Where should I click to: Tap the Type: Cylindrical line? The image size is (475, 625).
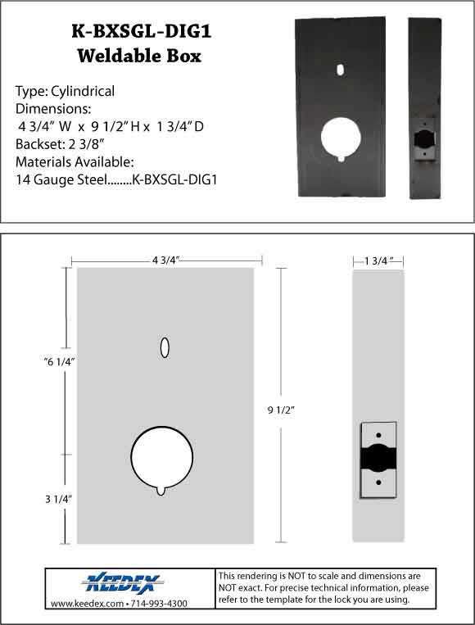pos(66,91)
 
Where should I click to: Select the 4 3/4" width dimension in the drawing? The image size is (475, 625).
pos(166,259)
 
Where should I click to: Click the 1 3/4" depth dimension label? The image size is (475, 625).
pos(378,260)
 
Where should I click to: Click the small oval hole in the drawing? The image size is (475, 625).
pos(165,348)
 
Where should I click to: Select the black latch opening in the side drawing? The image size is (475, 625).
pos(378,460)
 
